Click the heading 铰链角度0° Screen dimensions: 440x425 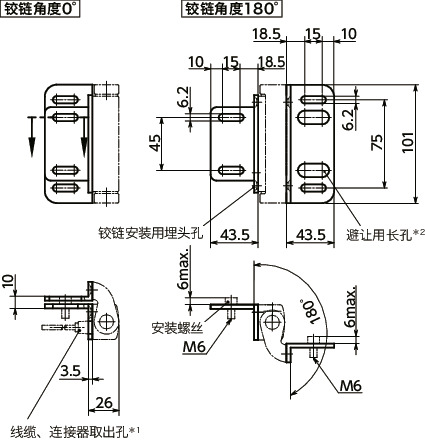[43, 11]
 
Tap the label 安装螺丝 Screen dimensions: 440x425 [176, 327]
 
